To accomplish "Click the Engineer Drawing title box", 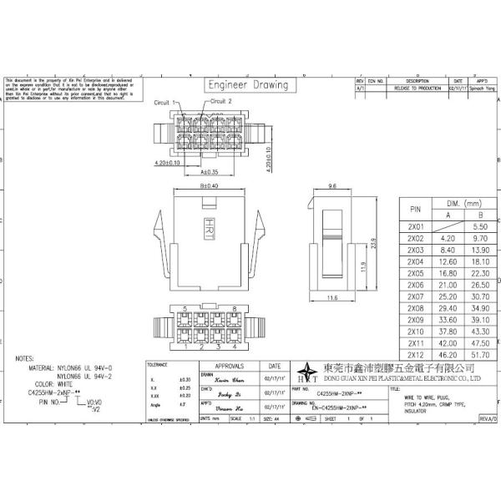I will [x=248, y=85].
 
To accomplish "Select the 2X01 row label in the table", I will [x=415, y=226].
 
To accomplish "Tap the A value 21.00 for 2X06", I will [x=451, y=285].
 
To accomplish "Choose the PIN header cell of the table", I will [x=415, y=209].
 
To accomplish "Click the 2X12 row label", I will [x=415, y=355].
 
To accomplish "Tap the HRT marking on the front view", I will [x=209, y=225].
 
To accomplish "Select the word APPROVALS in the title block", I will [x=230, y=366].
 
